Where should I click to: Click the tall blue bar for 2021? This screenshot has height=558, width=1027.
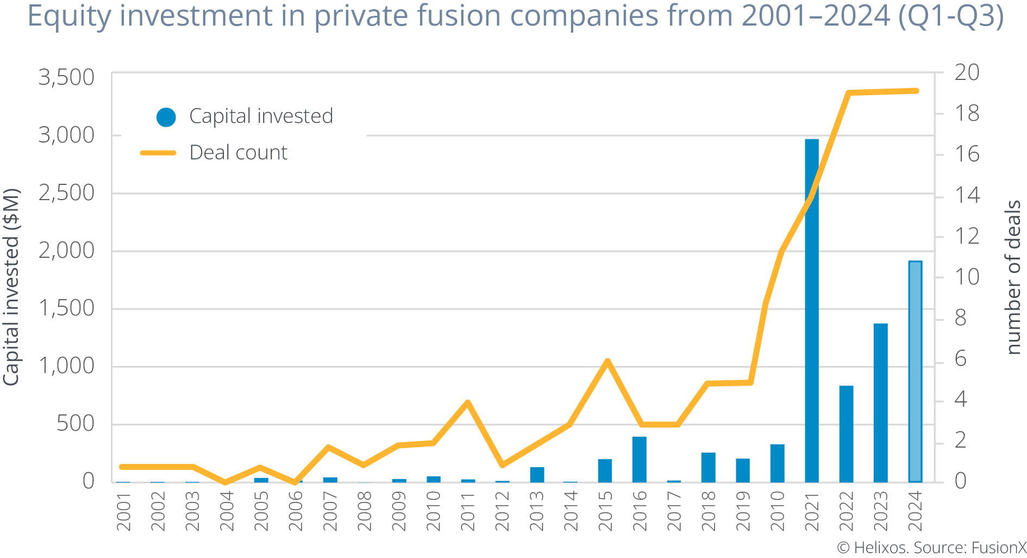(811, 310)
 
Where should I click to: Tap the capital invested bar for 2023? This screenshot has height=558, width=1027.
(880, 402)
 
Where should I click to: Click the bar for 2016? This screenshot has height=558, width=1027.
(639, 459)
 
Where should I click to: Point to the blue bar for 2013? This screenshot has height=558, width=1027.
(537, 474)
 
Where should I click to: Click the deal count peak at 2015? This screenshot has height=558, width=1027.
(608, 361)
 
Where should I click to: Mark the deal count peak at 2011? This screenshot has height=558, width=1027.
(467, 402)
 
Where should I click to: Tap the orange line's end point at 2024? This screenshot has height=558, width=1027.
(916, 91)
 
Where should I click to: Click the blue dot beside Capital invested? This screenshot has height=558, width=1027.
(166, 117)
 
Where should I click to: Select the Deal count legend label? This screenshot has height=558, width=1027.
(238, 153)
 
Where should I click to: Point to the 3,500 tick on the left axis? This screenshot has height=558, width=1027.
(66, 77)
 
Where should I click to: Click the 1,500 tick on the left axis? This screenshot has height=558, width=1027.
(66, 308)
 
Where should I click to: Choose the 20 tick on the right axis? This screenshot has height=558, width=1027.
(967, 72)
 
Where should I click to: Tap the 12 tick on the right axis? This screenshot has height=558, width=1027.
(967, 236)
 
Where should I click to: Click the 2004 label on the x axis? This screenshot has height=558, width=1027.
(227, 511)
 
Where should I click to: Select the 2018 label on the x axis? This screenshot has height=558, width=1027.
(708, 511)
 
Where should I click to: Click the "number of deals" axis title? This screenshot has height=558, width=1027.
(1013, 277)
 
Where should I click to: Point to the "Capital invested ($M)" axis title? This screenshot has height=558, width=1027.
(12, 287)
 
